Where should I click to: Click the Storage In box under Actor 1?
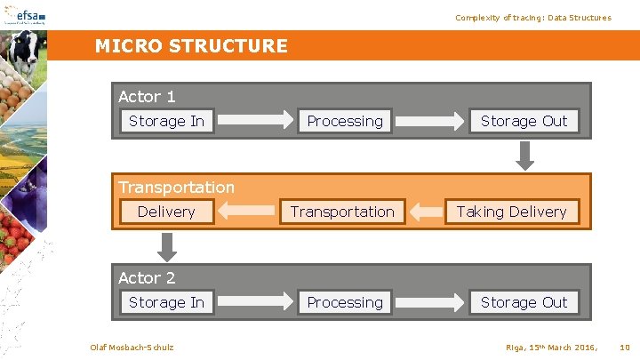point(166,121)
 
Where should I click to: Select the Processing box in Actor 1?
point(345,121)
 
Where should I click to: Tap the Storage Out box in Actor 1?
point(524,121)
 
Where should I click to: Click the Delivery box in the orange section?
point(166,212)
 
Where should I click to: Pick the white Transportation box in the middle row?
point(342,212)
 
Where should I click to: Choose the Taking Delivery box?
point(511,212)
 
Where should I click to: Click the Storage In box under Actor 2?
point(166,302)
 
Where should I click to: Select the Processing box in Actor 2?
point(345,302)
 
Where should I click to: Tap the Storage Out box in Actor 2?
point(524,302)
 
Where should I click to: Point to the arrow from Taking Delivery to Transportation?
point(431,212)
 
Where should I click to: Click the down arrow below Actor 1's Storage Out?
point(525,155)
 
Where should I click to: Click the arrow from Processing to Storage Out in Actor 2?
point(431,302)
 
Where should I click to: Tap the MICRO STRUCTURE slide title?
point(191,46)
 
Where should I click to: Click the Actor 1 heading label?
point(147,96)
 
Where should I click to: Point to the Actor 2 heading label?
point(147,277)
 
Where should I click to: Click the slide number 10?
point(624,346)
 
